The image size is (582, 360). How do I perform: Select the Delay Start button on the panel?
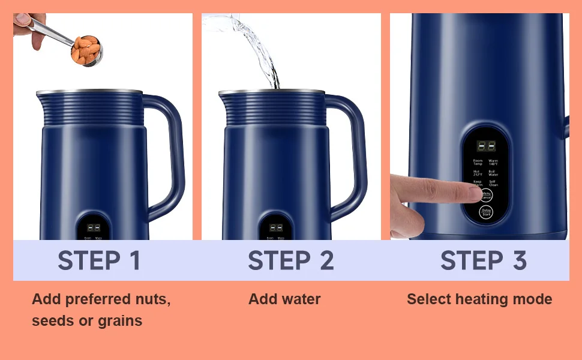[485, 212]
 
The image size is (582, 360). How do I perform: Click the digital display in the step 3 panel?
[485, 146]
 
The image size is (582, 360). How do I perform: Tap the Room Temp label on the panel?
[478, 162]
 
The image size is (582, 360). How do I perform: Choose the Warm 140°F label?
[493, 162]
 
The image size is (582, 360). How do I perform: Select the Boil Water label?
[493, 173]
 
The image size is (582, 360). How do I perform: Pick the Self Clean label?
[493, 183]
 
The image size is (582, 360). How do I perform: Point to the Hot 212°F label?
[477, 173]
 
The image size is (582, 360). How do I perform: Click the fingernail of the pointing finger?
[472, 190]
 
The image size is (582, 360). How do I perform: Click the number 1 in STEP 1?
[134, 260]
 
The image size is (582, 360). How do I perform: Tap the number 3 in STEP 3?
[519, 260]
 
